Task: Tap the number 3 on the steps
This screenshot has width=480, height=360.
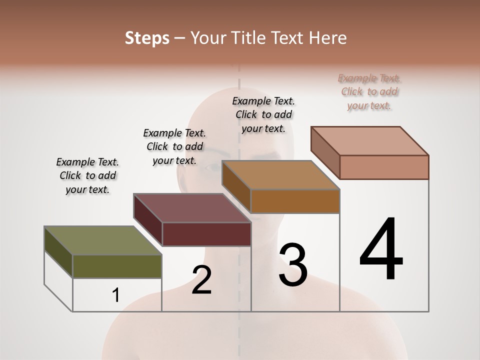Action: click(293, 264)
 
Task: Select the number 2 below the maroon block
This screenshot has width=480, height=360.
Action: click(201, 279)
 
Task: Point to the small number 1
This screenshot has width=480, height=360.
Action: click(116, 295)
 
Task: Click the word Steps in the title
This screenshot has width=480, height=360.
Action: click(147, 38)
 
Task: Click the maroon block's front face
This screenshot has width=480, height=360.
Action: click(206, 234)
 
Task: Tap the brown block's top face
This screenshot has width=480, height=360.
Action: click(280, 175)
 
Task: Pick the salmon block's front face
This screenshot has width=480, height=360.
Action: click(384, 167)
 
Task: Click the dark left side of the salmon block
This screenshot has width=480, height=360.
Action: click(325, 149)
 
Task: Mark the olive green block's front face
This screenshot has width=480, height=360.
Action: click(117, 266)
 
